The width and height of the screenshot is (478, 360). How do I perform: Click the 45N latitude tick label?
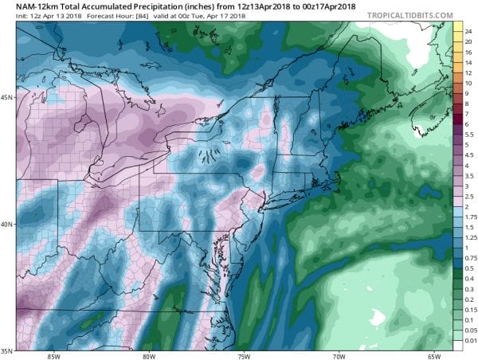[7, 98]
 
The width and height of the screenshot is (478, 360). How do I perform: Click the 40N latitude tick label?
[7, 224]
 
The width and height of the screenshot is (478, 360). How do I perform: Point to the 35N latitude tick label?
[7, 349]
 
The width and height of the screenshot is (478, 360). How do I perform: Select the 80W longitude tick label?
[147, 355]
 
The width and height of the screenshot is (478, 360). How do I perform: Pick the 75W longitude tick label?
[243, 355]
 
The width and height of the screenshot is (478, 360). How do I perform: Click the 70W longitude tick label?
[338, 355]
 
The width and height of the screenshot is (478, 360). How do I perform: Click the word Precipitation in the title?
[151, 6]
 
